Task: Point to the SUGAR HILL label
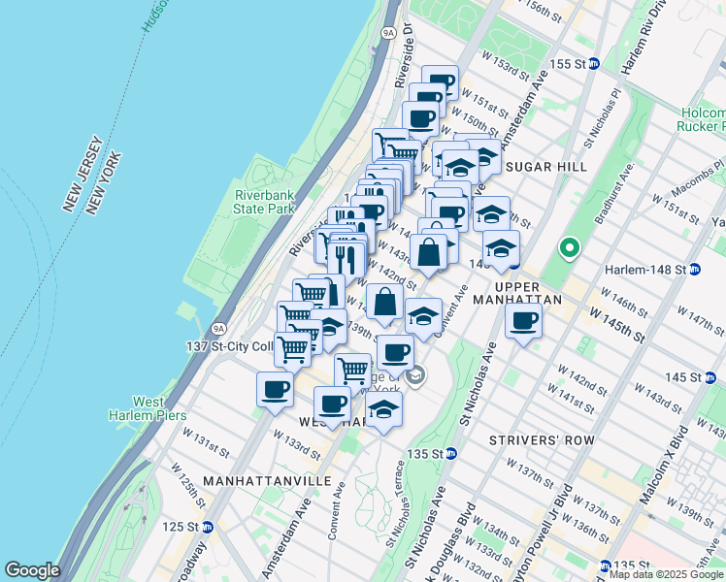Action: click(545, 167)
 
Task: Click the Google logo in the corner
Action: click(32, 570)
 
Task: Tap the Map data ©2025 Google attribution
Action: click(667, 574)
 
